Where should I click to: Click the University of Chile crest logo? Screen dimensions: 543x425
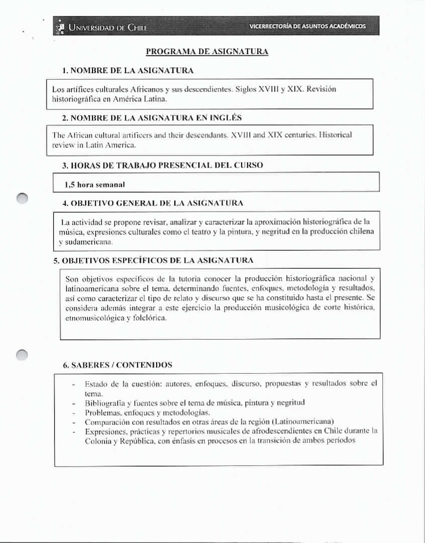[x=59, y=27]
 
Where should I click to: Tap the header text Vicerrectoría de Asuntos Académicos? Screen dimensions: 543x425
[x=308, y=27]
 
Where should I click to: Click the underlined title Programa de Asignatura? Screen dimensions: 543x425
[x=207, y=51]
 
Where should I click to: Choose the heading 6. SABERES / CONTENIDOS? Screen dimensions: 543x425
[x=117, y=365]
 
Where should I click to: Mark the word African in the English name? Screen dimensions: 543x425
[x=79, y=135]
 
